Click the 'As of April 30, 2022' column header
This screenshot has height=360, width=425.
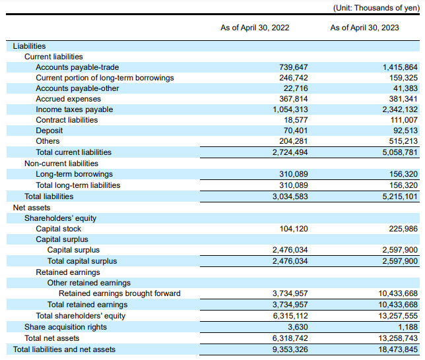255,28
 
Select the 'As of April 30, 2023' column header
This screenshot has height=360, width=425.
364,28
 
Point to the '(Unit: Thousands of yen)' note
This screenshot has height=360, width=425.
376,8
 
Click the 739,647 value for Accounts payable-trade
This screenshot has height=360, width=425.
294,67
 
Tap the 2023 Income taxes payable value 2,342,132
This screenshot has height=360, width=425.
400,109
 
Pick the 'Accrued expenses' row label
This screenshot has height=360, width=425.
69,99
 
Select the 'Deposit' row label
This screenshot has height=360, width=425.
49,131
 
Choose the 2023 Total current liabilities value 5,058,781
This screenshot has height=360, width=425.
400,152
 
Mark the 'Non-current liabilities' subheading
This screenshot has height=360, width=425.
61,164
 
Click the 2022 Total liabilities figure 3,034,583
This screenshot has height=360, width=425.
290,196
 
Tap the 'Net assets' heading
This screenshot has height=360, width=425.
32,208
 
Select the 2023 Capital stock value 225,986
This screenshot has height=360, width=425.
403,229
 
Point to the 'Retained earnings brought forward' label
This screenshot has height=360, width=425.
119,293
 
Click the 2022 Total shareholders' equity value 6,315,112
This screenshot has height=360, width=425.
290,316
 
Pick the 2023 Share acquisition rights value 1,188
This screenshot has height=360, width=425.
408,327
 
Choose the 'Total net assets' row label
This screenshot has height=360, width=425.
51,338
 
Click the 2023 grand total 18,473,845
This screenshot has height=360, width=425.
398,349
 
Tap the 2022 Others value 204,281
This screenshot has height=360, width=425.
294,141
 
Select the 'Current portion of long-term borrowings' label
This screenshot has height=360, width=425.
105,78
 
